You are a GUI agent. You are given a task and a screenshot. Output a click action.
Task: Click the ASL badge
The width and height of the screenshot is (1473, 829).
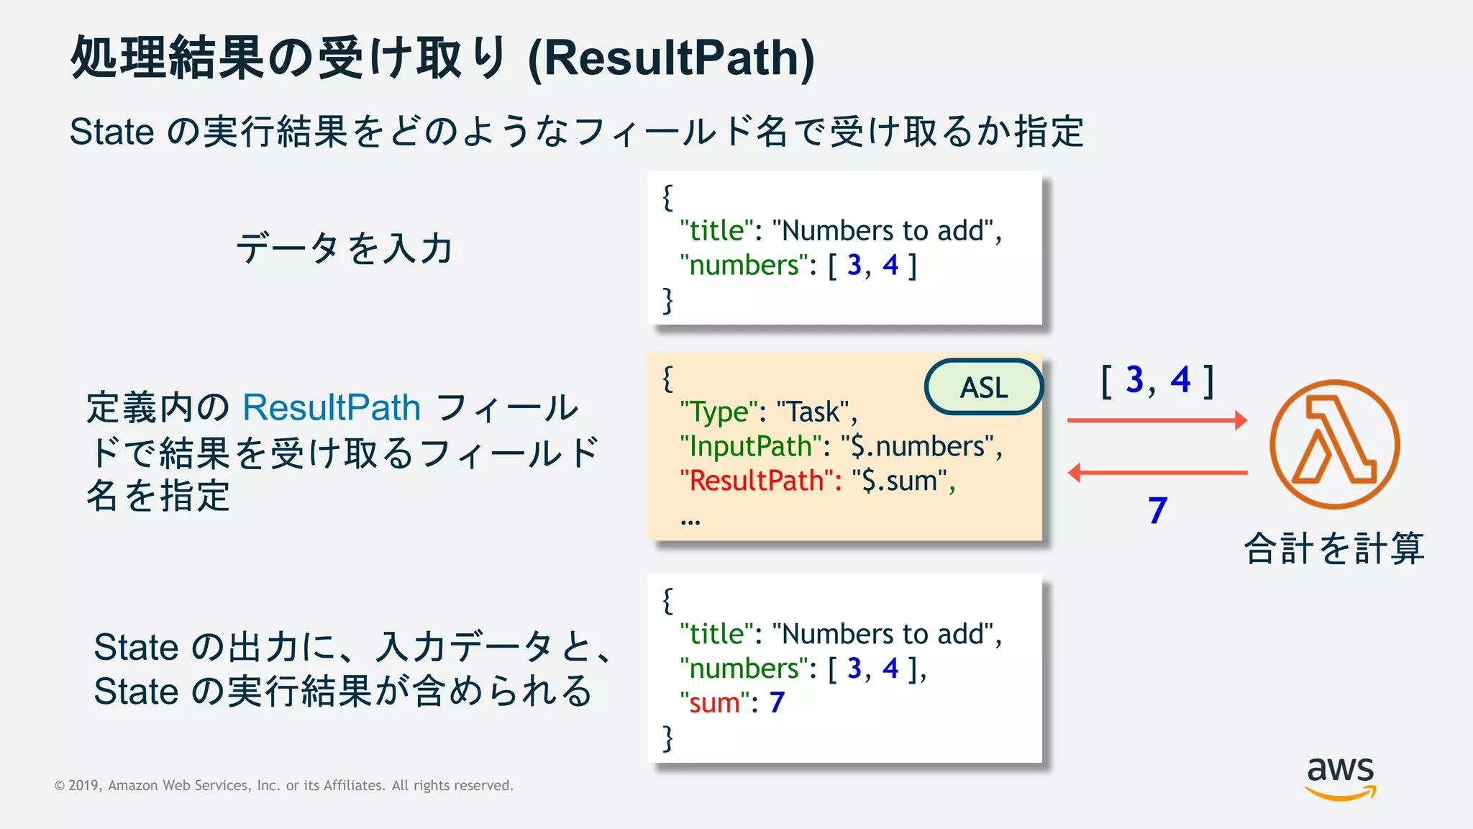click(983, 387)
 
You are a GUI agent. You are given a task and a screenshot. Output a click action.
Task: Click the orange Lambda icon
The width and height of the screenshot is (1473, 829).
click(1334, 444)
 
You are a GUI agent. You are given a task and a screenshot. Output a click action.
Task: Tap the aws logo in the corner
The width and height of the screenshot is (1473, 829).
click(1340, 777)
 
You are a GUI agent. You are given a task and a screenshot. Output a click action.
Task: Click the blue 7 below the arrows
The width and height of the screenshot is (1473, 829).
click(1157, 511)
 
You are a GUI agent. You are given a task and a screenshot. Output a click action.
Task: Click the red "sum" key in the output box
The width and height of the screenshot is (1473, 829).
click(715, 703)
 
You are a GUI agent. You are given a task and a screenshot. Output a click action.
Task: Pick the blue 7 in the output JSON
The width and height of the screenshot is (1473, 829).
click(777, 702)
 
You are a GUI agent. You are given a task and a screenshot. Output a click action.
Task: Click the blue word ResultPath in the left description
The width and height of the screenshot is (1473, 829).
click(332, 408)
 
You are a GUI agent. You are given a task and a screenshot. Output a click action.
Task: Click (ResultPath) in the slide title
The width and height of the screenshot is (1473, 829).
click(671, 58)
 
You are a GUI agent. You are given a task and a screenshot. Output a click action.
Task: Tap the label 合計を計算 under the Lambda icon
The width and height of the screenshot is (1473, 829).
click(1334, 548)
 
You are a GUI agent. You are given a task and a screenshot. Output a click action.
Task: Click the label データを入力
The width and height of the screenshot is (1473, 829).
click(344, 248)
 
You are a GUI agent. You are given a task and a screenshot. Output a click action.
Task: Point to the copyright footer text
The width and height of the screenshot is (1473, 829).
click(284, 785)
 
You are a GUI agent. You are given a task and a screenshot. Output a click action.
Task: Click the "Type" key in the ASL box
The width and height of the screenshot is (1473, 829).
click(719, 412)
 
